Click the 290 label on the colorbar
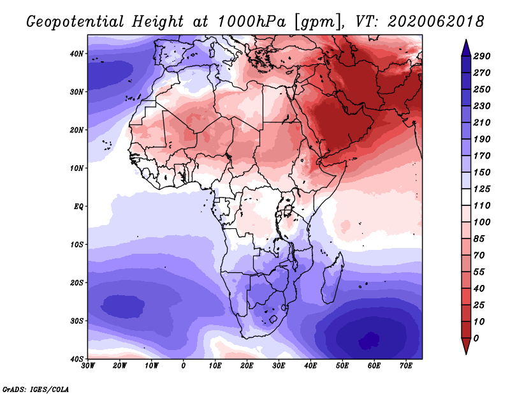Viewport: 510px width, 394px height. tap(481, 56)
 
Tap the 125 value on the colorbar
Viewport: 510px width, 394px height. tap(481, 189)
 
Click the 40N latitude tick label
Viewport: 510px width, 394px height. tap(76, 54)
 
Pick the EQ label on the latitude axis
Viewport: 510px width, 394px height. tap(78, 207)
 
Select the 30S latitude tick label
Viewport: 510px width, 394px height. tap(76, 321)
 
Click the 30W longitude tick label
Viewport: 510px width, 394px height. tap(88, 366)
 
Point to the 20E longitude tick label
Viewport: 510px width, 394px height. tap(247, 366)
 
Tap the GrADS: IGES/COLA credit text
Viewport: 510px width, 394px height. tap(36, 389)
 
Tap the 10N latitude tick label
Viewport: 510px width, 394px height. tap(76, 168)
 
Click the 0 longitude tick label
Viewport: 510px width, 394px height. tap(184, 366)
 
